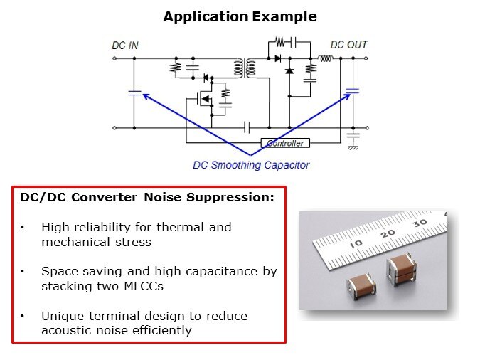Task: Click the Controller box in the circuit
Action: coord(285,143)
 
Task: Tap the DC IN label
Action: coord(125,46)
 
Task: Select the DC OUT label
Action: coord(348,45)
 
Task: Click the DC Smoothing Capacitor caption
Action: coord(251,165)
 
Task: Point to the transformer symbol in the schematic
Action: coord(245,68)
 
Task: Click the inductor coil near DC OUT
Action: coord(326,58)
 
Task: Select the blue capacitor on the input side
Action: coord(134,92)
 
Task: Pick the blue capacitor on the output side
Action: coord(353,91)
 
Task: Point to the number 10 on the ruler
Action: coord(356,244)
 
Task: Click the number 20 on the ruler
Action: coord(388,233)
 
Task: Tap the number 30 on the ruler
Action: coord(420,223)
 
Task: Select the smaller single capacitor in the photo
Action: coord(361,285)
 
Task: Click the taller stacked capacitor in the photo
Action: coord(401,270)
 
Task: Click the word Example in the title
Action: coord(284,16)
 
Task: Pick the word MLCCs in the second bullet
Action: coord(144,286)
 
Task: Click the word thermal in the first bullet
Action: coord(180,228)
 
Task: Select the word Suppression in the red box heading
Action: coord(230,198)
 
